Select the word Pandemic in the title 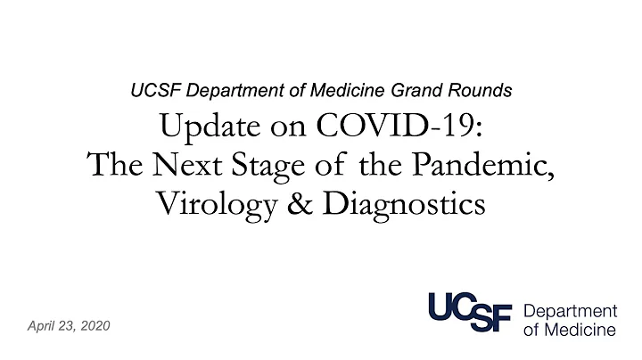tap(497, 165)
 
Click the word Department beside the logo tap(570, 312)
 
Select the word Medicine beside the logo tap(580, 331)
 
